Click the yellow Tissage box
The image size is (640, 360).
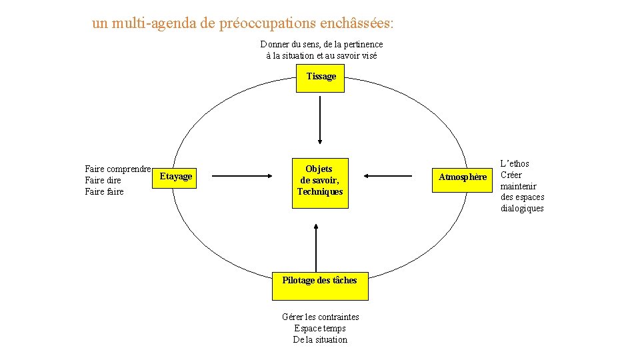coord(321,77)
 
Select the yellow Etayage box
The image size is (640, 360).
coord(176,176)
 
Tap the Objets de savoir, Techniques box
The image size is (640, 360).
coord(320,180)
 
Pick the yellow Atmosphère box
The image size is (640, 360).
coord(462,177)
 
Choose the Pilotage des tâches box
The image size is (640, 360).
coord(319,281)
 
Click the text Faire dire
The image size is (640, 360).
coord(103,181)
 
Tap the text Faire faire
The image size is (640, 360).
coord(104,192)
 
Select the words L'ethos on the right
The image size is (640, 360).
coord(515,163)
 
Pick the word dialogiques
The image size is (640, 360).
coord(522,209)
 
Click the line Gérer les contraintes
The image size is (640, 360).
coord(320,317)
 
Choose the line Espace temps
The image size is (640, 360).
coord(320,328)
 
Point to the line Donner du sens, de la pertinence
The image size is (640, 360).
coord(321,44)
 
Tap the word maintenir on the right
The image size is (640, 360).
coord(518,186)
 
